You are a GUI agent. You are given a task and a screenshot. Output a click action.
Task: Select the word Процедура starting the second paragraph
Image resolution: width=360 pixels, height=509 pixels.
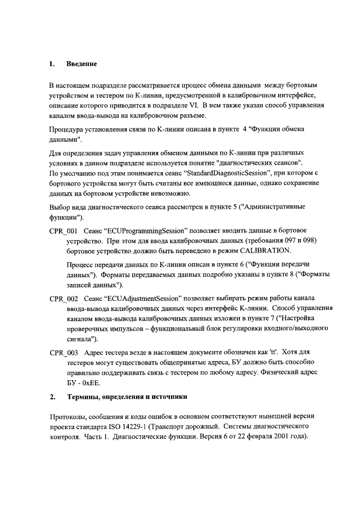[x=68, y=129]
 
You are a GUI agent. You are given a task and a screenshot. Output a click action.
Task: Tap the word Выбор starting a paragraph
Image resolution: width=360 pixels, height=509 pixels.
[x=61, y=208]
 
